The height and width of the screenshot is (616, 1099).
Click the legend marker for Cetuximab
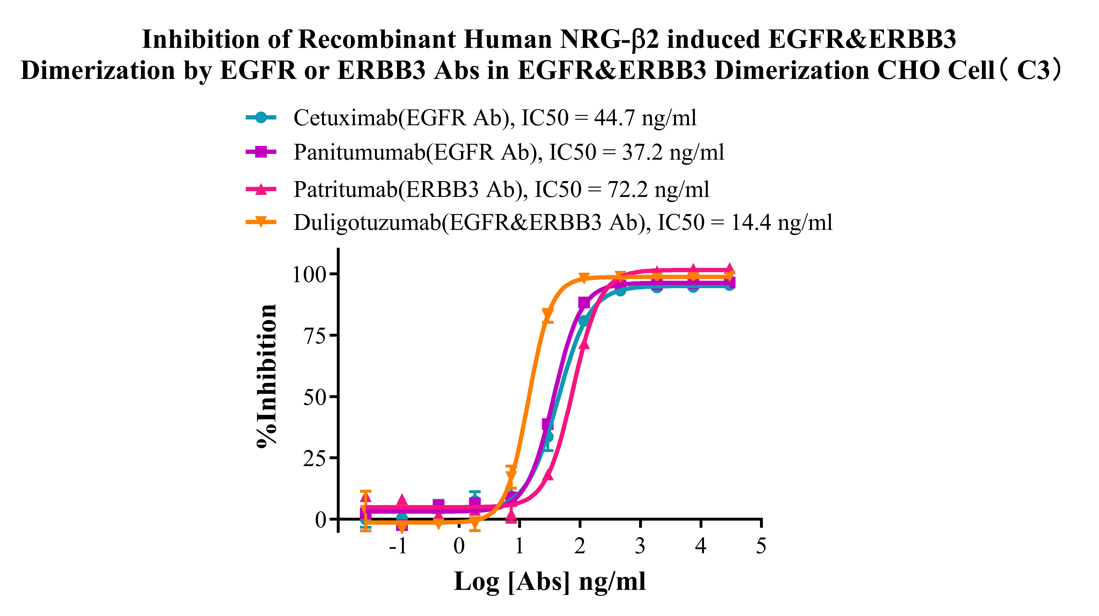pyautogui.click(x=261, y=117)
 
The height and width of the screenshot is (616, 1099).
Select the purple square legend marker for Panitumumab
pyautogui.click(x=261, y=152)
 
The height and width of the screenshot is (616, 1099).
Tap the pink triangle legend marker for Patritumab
pyautogui.click(x=261, y=189)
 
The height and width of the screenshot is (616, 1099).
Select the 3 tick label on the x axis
pyautogui.click(x=640, y=546)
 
